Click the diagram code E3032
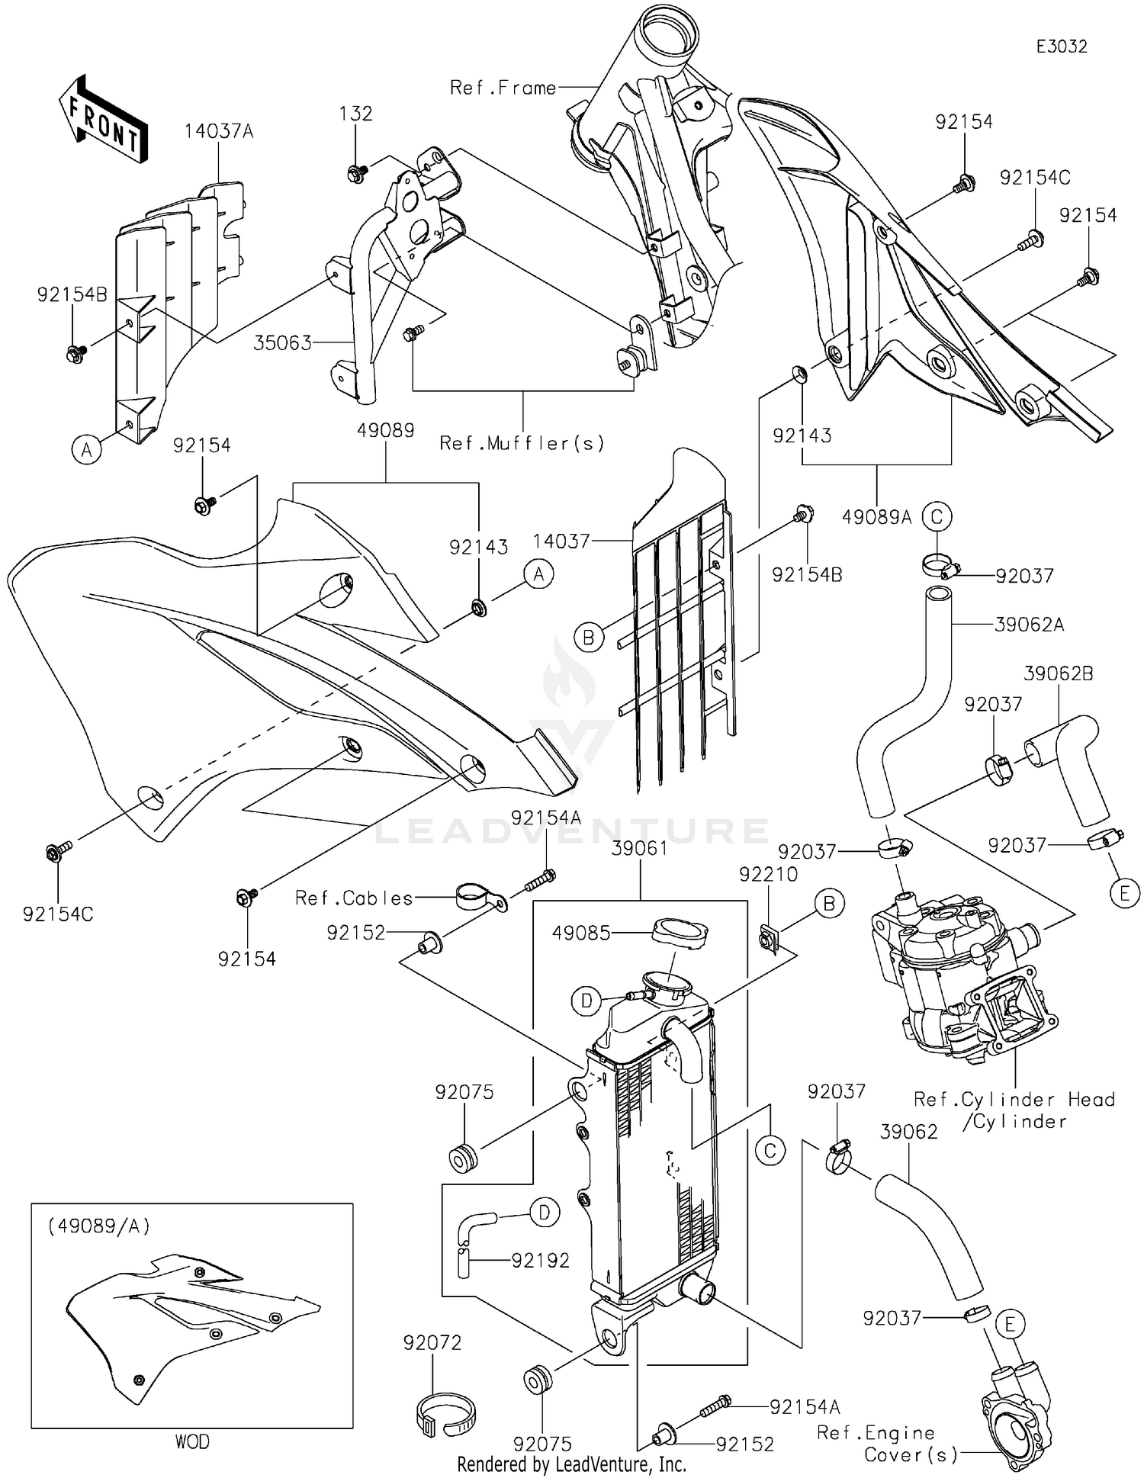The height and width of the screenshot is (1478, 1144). [1061, 47]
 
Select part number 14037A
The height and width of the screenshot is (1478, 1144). [219, 131]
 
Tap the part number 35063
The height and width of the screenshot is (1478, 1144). [283, 343]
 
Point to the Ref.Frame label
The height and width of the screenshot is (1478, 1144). [503, 88]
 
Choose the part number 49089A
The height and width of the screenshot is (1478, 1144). [877, 517]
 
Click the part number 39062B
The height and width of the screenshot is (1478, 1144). [1059, 674]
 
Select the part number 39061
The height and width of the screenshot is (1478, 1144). [640, 848]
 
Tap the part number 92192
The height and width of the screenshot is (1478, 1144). [541, 1261]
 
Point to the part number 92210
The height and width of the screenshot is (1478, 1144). [768, 874]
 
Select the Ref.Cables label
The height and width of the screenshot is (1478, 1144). [354, 898]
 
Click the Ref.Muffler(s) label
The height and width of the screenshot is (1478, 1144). [522, 443]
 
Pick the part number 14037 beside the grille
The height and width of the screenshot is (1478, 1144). [561, 541]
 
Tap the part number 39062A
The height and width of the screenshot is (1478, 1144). [1030, 625]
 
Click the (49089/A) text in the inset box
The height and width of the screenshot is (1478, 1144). [99, 1226]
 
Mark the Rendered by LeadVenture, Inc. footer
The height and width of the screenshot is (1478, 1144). [572, 1464]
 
